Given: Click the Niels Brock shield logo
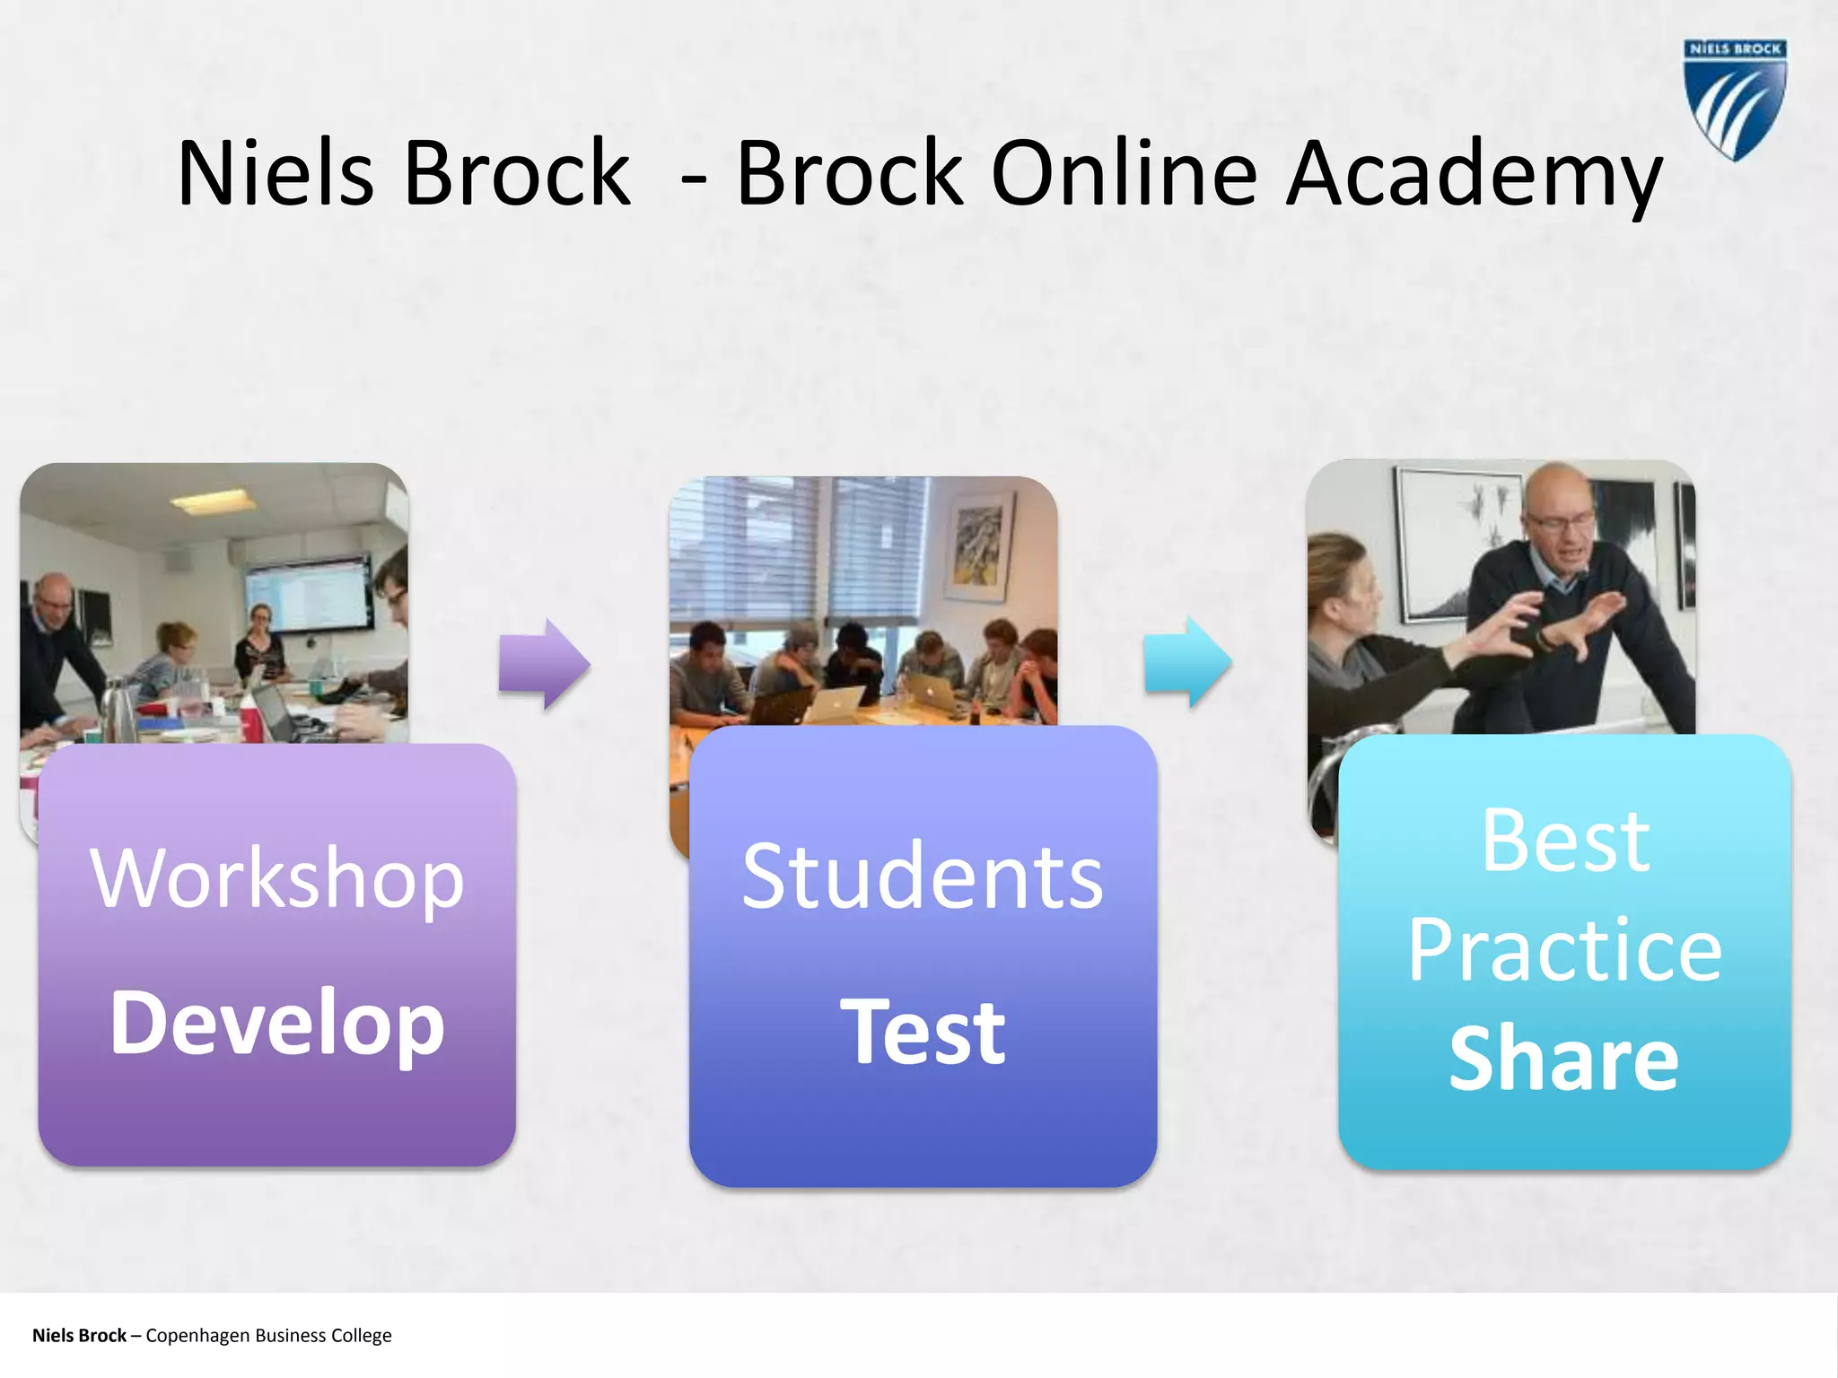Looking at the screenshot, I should click(1735, 99).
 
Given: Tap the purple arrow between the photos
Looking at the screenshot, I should click(544, 665).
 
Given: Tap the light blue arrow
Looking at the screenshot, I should click(1187, 663).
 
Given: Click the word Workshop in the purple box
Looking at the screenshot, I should click(277, 879).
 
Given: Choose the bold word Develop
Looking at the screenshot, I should click(277, 1023).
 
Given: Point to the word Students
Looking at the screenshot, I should click(923, 877).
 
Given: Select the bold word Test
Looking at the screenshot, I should click(923, 1032).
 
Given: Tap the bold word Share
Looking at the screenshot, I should click(1564, 1059).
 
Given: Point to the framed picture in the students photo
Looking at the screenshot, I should click(978, 547).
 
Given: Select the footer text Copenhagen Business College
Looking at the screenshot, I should click(268, 1336).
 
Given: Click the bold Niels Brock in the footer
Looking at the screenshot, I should click(79, 1336).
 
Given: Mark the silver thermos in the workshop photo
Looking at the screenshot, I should click(117, 708).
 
